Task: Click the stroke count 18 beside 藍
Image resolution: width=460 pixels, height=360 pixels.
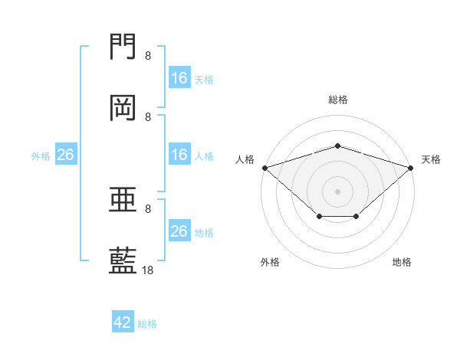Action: coord(148,270)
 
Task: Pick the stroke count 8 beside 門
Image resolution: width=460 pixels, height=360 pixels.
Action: coord(148,56)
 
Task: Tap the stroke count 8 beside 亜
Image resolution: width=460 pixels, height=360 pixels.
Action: coord(148,208)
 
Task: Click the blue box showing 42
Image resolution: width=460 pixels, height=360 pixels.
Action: coord(123,322)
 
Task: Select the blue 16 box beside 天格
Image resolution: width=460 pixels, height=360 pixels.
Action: coord(179,78)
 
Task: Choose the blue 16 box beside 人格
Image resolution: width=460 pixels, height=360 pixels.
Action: coord(179,155)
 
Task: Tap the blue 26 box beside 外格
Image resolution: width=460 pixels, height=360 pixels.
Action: coord(65,155)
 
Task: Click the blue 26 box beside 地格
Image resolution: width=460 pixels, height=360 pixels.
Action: coord(179,231)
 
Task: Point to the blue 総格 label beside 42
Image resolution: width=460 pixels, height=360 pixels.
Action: coord(147,324)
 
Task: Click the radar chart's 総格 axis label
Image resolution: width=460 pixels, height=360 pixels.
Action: coord(338,100)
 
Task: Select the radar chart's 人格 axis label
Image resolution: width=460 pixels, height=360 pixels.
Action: coord(245,159)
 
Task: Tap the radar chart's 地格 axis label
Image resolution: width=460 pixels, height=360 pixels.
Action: coord(402,262)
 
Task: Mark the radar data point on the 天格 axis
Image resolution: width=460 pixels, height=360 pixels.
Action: coord(411,167)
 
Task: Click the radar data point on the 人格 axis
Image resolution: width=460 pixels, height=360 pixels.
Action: coord(264,167)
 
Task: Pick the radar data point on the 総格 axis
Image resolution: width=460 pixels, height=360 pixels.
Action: coord(338,146)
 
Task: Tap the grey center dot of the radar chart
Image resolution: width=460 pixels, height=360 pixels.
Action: coord(338,191)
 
